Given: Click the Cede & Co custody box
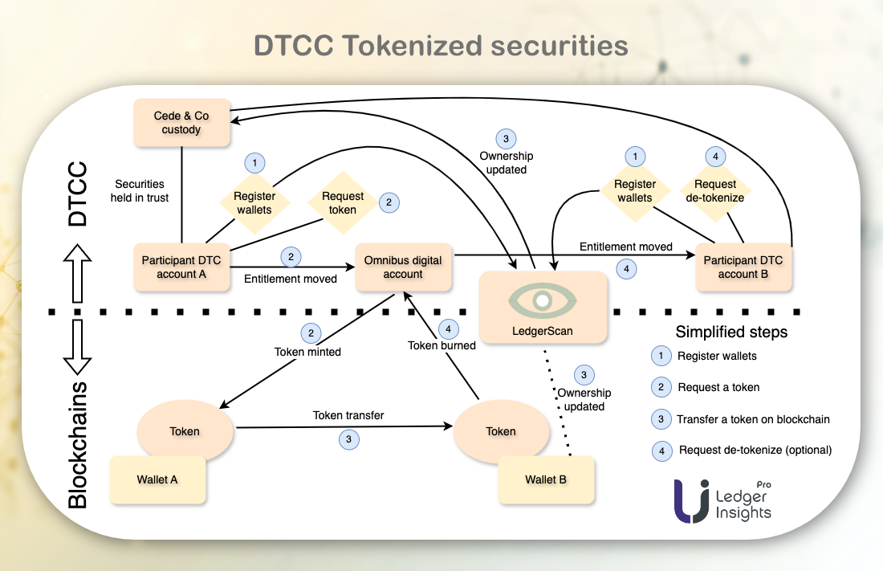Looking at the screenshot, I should pyautogui.click(x=181, y=123).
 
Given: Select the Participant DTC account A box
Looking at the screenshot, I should pyautogui.click(x=181, y=267).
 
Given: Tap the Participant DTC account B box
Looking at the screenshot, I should pyautogui.click(x=743, y=267).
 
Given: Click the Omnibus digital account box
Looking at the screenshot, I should pyautogui.click(x=403, y=267).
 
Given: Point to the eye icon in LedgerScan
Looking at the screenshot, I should pyautogui.click(x=542, y=300).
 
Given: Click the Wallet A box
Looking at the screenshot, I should pyautogui.click(x=157, y=480).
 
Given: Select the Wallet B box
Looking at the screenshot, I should pyautogui.click(x=546, y=480).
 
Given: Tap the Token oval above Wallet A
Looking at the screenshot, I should pyautogui.click(x=185, y=431).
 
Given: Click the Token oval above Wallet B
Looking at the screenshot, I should pyautogui.click(x=501, y=431).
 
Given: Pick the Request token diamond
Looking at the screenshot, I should pyautogui.click(x=343, y=202).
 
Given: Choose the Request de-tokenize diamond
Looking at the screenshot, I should pyautogui.click(x=715, y=191).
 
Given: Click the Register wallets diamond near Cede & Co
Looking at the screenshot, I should pyautogui.click(x=254, y=202).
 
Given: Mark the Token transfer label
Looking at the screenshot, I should pyautogui.click(x=348, y=416).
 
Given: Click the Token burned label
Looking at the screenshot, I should pyautogui.click(x=441, y=345).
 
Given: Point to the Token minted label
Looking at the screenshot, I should pyautogui.click(x=307, y=352).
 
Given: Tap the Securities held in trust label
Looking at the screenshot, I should pyautogui.click(x=142, y=190).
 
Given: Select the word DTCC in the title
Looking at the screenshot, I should pyautogui.click(x=293, y=45).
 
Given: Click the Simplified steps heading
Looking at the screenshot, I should pyautogui.click(x=731, y=332).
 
